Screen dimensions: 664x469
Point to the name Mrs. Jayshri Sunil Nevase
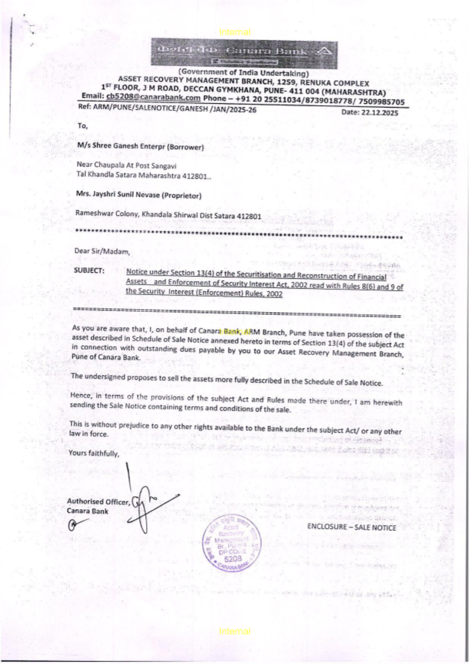click(x=118, y=194)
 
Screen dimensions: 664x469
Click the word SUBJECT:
click(x=89, y=270)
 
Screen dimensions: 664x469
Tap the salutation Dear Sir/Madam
click(x=102, y=251)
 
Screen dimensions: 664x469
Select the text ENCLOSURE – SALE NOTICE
click(x=352, y=527)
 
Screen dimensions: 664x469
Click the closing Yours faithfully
click(x=94, y=453)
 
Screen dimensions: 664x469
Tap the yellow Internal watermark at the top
click(x=234, y=32)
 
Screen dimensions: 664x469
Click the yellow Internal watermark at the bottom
click(x=234, y=631)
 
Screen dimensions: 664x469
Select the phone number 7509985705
click(x=381, y=102)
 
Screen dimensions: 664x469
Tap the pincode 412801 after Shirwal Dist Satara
click(x=249, y=216)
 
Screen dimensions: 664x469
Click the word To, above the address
click(x=83, y=126)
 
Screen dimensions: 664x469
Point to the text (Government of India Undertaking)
click(x=243, y=73)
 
